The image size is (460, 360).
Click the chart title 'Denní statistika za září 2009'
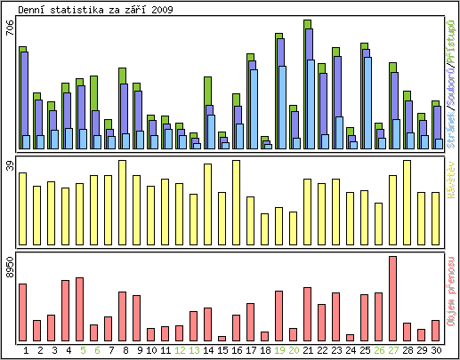tap(96, 10)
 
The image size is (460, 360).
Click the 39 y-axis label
tap(10, 165)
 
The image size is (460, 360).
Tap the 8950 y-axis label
tap(10, 269)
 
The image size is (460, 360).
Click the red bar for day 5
tap(79, 309)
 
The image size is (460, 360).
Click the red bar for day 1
tap(22, 312)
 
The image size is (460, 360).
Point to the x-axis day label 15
tap(222, 350)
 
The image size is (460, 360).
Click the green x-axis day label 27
tap(392, 350)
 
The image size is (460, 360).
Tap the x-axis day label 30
tap(435, 350)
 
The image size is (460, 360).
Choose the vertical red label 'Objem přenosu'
tap(452, 298)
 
